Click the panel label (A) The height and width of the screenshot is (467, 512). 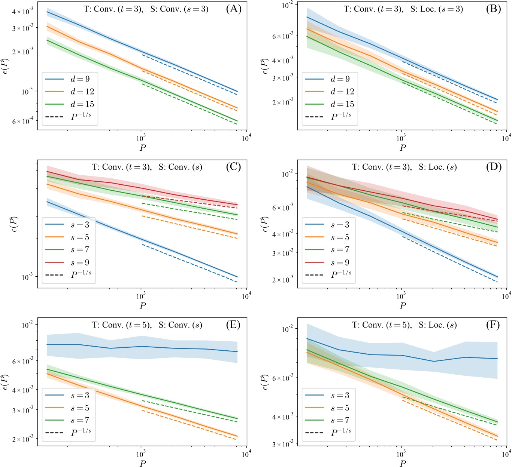(234, 9)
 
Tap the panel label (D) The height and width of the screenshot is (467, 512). (493, 167)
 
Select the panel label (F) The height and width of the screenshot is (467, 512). (493, 325)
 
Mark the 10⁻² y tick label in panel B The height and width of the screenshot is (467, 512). (288, 5)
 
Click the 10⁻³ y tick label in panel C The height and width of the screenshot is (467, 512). (27, 277)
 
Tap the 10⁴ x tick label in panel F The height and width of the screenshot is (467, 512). (506, 455)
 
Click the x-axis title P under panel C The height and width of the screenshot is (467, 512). (143, 305)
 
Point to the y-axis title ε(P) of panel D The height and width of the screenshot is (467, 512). (266, 224)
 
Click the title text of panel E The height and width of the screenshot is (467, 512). (147, 325)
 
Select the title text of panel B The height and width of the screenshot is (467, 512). (403, 9)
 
